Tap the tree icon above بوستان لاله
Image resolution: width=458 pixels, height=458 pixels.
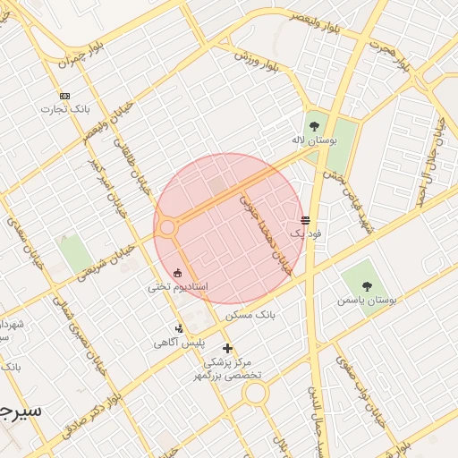coord(313,126)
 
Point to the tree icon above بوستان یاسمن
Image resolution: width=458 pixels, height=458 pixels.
coord(367,286)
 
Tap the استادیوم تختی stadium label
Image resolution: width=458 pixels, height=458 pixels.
coord(178,287)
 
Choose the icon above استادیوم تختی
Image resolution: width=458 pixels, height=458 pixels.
coord(177,273)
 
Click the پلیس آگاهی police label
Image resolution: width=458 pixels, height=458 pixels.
coord(179,343)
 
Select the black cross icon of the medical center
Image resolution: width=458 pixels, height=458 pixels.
coord(227,348)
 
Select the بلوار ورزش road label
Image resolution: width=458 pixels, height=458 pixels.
coord(253,55)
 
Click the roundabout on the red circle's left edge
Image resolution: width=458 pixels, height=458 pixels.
coord(167,228)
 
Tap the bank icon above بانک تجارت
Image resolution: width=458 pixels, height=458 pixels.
coord(64,96)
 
